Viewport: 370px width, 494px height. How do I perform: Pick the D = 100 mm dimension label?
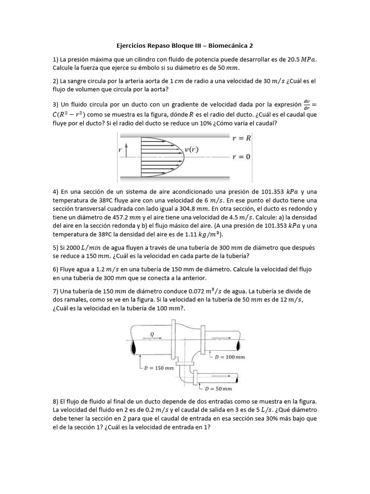tap(230, 357)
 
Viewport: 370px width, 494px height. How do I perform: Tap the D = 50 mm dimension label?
tap(218, 388)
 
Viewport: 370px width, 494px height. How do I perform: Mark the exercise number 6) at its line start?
tap(55, 269)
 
